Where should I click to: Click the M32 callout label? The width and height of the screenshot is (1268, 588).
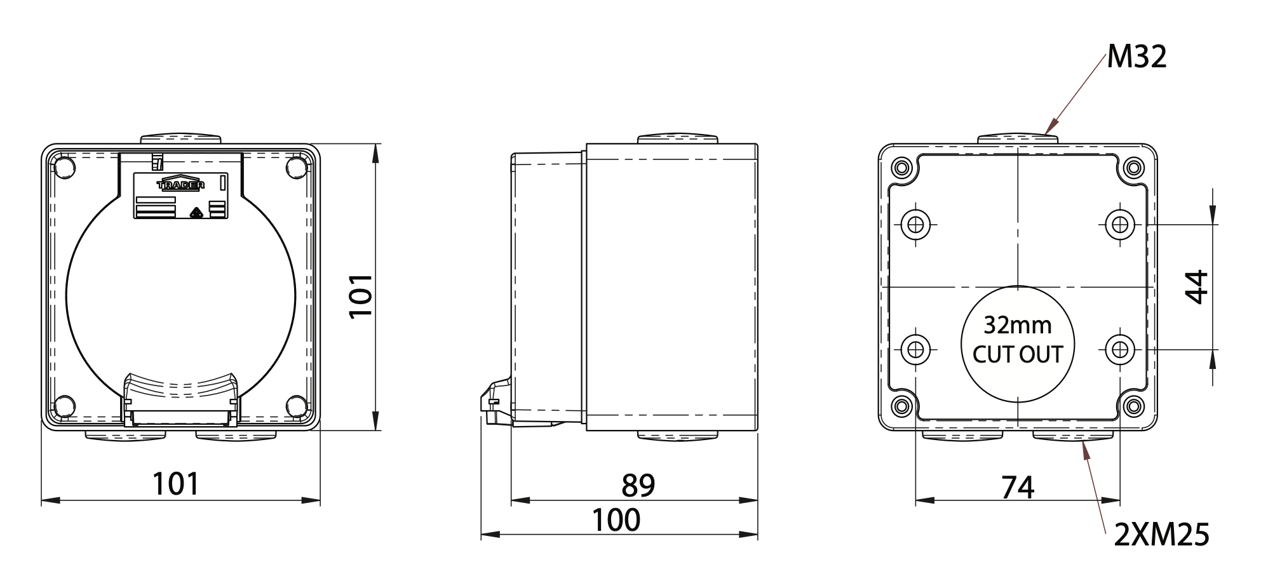coord(1136,57)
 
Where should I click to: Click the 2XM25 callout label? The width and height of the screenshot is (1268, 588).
coord(1161,535)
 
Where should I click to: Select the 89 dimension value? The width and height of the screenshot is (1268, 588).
coord(638,486)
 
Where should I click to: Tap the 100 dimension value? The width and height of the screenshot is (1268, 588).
coord(616,520)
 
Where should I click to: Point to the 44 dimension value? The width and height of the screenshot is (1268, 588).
coord(1197,287)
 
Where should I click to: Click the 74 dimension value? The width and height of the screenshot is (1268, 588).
coord(1018,488)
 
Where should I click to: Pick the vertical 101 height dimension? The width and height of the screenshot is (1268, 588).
coord(361,295)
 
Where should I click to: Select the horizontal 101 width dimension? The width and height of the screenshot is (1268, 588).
coord(176,484)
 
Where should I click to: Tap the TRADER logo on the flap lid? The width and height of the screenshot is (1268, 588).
coord(180,184)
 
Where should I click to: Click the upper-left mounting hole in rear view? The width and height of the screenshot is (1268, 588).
coord(915,224)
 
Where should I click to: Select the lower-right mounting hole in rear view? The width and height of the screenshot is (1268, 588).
coord(1119,349)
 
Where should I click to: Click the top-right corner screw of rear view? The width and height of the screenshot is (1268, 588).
coord(1133,168)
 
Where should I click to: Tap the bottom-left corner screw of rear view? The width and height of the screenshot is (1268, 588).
coord(901,406)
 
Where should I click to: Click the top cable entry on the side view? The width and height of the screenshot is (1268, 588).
coord(677,138)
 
